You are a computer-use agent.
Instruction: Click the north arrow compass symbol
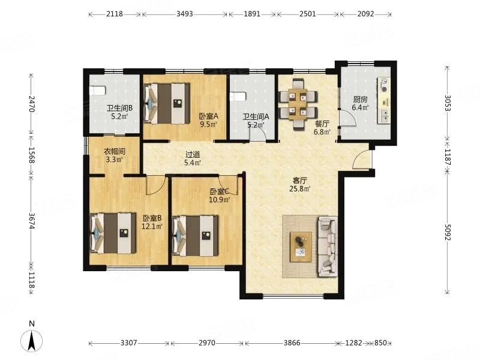(x=32, y=340)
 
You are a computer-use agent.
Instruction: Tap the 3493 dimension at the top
(x=185, y=14)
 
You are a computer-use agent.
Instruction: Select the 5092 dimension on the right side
(x=448, y=233)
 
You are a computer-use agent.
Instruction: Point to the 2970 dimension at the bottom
(x=207, y=343)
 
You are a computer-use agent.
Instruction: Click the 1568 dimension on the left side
(x=32, y=155)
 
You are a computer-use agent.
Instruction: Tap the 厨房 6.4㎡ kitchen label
(x=360, y=103)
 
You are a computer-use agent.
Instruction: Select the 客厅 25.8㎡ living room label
(x=300, y=185)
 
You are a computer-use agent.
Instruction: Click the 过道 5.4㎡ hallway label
(x=193, y=158)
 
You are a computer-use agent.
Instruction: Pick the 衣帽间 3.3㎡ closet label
(x=114, y=155)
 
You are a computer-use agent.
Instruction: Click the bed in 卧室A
(x=167, y=104)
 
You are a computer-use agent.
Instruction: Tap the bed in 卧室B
(x=113, y=233)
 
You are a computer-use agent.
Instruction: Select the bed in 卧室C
(x=196, y=236)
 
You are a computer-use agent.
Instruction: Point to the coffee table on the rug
(x=301, y=247)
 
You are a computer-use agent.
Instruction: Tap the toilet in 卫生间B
(x=98, y=91)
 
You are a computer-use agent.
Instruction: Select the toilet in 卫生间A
(x=238, y=97)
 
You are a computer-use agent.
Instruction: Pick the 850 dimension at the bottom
(x=380, y=343)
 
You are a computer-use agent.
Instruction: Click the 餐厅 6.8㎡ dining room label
(x=322, y=128)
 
